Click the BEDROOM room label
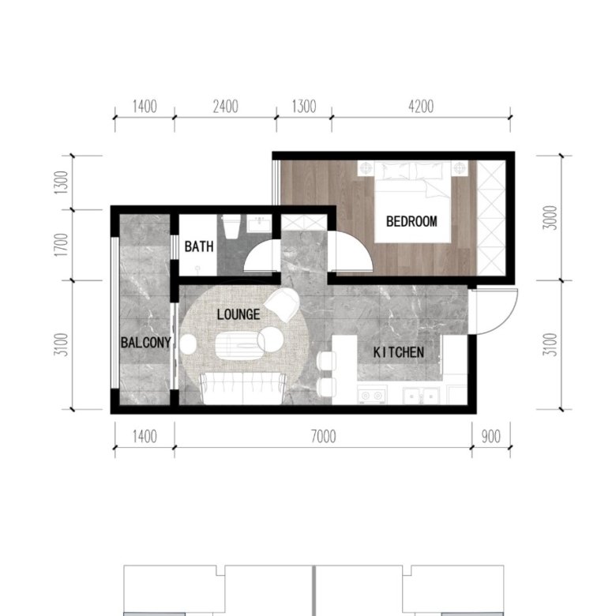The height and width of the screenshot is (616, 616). [411, 222]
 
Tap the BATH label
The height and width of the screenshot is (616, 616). [199, 246]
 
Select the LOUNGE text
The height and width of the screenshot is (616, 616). [239, 314]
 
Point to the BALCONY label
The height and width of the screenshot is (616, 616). [146, 343]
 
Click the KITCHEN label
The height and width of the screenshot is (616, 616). [398, 352]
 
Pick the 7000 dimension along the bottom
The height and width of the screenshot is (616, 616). [323, 437]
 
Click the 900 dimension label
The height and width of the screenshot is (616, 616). [491, 437]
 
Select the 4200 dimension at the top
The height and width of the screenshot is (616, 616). [421, 107]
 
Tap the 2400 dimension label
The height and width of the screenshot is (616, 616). [226, 107]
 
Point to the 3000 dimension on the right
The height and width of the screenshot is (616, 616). [551, 218]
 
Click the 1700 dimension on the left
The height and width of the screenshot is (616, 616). [61, 245]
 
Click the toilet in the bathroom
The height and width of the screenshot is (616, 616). [231, 227]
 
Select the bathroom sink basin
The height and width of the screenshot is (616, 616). [259, 223]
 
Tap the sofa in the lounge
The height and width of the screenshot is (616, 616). [242, 389]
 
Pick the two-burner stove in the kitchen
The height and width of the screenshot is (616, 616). [372, 395]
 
